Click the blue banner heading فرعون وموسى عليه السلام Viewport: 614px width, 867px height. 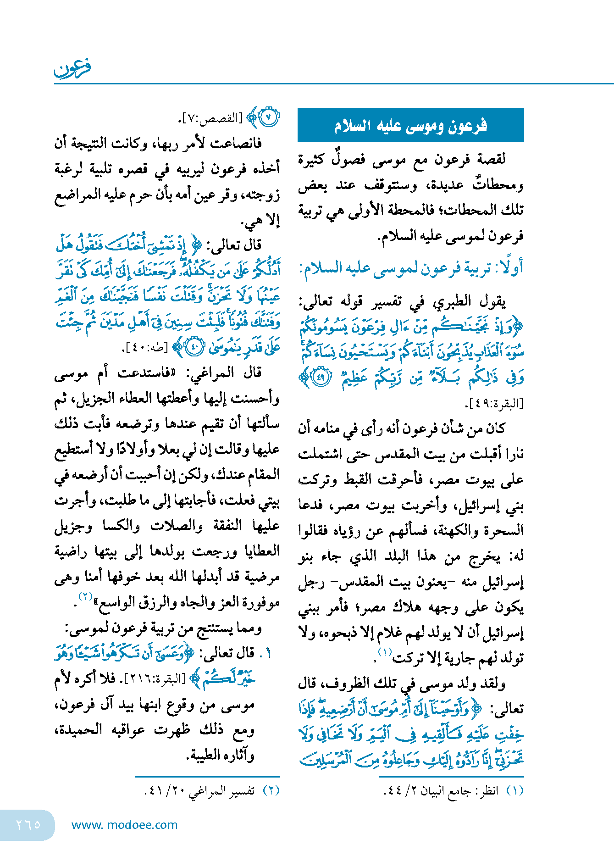(x=410, y=125)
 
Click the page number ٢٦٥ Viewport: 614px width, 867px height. (x=28, y=824)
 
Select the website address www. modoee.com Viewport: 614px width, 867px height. (x=124, y=825)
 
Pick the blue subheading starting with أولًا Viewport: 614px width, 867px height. (x=411, y=267)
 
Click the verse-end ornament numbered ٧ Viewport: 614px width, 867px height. (x=269, y=117)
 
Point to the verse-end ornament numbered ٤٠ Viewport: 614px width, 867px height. (x=194, y=347)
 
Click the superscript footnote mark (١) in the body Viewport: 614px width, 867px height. (x=385, y=651)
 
